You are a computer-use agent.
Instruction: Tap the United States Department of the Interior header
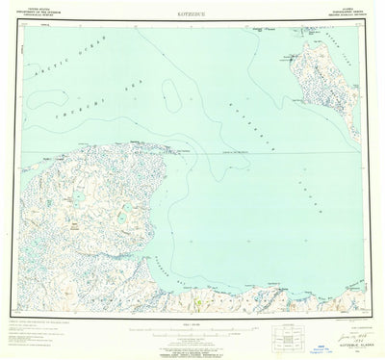click(44, 13)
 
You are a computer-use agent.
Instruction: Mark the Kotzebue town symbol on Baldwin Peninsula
click(289, 58)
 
